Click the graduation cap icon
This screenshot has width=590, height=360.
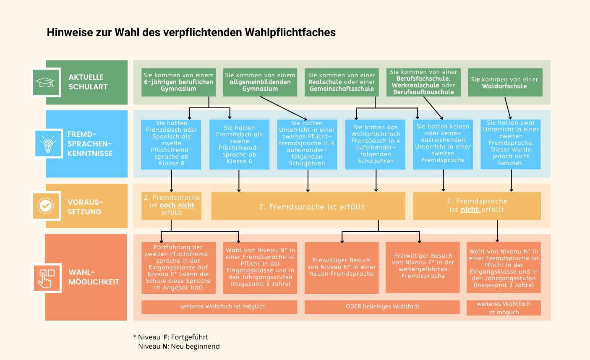click(45, 82)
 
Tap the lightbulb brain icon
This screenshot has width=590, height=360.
click(48, 143)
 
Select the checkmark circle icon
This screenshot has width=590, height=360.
click(46, 206)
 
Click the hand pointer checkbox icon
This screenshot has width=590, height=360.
click(47, 278)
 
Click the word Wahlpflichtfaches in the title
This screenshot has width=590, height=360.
click(290, 33)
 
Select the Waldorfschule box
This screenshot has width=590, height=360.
click(505, 82)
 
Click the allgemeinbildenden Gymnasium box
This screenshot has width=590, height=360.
click(260, 82)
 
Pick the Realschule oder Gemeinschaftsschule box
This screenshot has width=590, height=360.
click(342, 82)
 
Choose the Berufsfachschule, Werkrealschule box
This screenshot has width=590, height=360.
click(423, 82)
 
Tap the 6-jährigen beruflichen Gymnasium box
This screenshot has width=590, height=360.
click(178, 82)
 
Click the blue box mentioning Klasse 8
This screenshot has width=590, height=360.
click(171, 144)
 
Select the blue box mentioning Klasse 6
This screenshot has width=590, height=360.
click(239, 144)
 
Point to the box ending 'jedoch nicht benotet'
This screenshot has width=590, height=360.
click(510, 144)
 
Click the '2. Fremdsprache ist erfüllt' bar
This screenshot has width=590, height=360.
click(308, 206)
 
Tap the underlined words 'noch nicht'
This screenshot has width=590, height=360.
click(177, 205)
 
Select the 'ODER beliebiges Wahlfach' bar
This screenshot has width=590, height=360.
click(382, 307)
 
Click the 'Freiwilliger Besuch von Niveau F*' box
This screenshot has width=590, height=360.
click(423, 267)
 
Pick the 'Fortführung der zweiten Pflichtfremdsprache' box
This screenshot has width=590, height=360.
click(178, 268)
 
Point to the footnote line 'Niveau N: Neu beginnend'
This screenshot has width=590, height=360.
click(179, 346)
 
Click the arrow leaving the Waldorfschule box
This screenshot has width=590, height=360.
click(508, 108)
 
